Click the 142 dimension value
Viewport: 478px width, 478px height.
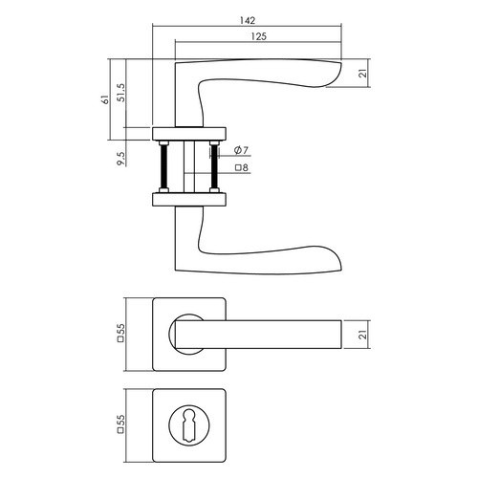(x=248, y=20)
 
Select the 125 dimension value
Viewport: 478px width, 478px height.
(x=258, y=36)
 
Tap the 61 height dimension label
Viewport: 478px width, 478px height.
(x=105, y=99)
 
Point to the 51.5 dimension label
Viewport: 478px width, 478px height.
(x=121, y=93)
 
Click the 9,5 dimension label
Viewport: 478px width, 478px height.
(x=121, y=158)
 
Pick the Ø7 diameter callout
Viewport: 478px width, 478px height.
(x=241, y=150)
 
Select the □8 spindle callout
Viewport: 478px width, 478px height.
(x=242, y=167)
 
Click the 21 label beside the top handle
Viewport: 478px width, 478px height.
(x=363, y=74)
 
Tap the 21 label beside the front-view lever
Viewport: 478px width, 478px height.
(x=363, y=335)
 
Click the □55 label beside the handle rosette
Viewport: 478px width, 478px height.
(x=120, y=333)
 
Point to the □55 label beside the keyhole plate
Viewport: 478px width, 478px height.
(x=120, y=424)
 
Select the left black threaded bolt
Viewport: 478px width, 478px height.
(x=163, y=166)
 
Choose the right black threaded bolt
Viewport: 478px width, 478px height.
(x=214, y=166)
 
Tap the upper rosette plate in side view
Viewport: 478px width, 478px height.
(x=189, y=134)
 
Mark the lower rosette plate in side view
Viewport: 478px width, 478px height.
(x=189, y=199)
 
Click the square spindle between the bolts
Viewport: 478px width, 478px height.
(x=189, y=166)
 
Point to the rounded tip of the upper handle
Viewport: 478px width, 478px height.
(x=338, y=72)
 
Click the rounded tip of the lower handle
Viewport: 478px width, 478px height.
(x=338, y=261)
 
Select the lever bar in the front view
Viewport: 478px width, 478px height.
(x=258, y=335)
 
